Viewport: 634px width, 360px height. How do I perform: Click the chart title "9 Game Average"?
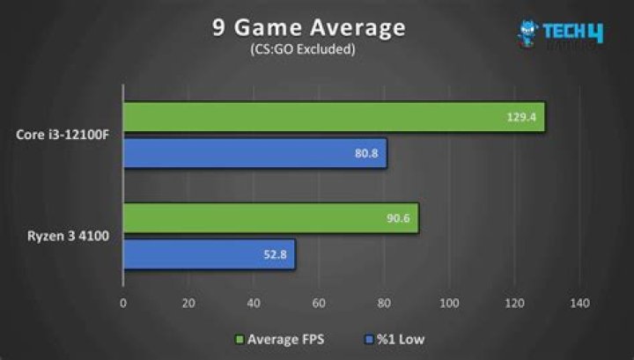pyautogui.click(x=308, y=27)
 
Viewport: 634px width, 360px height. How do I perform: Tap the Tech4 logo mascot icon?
pyautogui.click(x=528, y=33)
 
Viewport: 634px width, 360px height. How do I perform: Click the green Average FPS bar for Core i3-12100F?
pyautogui.click(x=334, y=117)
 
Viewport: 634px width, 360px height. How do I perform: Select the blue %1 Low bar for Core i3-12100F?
pyautogui.click(x=254, y=153)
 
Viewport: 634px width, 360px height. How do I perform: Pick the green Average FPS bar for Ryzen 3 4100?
pyautogui.click(x=270, y=219)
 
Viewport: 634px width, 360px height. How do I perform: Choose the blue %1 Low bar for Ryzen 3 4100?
pyautogui.click(x=209, y=255)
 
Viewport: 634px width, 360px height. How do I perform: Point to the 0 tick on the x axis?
pyautogui.click(x=123, y=304)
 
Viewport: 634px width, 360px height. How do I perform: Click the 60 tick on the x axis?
pyautogui.click(x=319, y=304)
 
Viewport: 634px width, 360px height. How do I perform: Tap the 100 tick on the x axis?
pyautogui.click(x=449, y=304)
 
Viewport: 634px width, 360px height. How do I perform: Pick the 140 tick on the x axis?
pyautogui.click(x=579, y=304)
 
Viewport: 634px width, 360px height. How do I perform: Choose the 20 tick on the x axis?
pyautogui.click(x=188, y=304)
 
